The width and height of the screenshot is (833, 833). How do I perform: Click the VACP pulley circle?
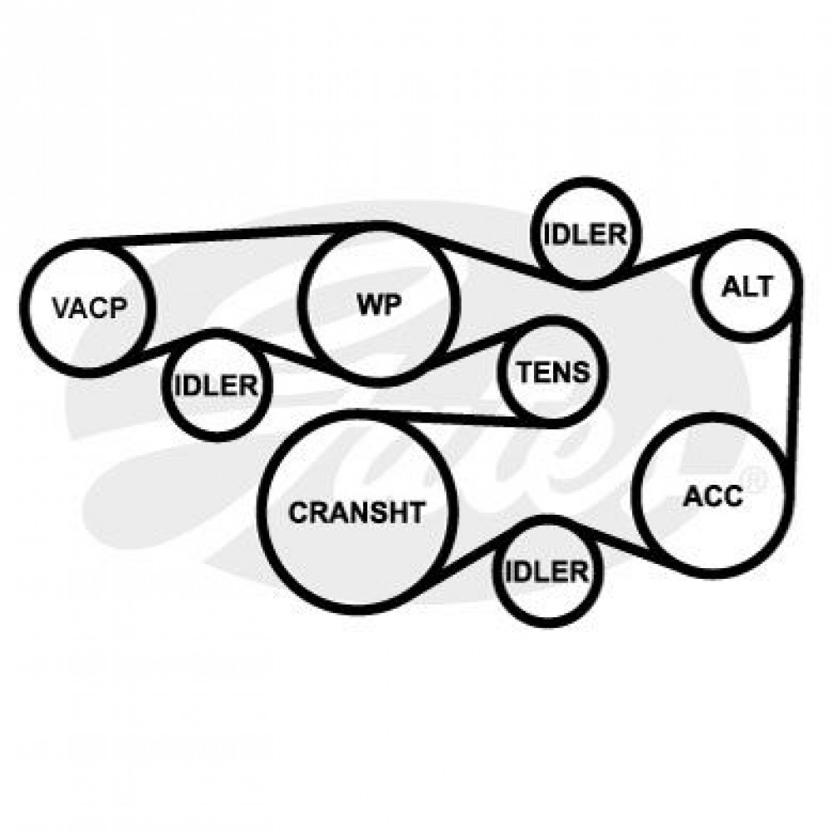pyautogui.click(x=89, y=307)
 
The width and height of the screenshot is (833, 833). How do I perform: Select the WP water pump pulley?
pyautogui.click(x=379, y=306)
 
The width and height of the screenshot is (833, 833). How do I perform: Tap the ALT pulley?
pyautogui.click(x=746, y=287)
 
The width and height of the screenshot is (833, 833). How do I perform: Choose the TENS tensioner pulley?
pyautogui.click(x=552, y=372)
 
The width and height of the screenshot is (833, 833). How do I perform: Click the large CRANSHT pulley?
pyautogui.click(x=357, y=512)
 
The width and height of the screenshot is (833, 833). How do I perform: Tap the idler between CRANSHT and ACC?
pyautogui.click(x=548, y=571)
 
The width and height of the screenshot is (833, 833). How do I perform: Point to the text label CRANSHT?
pyautogui.click(x=357, y=512)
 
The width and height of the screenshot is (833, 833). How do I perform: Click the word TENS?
pyautogui.click(x=554, y=372)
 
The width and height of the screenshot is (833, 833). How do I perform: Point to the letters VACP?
pyautogui.click(x=90, y=308)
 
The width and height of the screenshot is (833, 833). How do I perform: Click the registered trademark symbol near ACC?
pyautogui.click(x=757, y=480)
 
